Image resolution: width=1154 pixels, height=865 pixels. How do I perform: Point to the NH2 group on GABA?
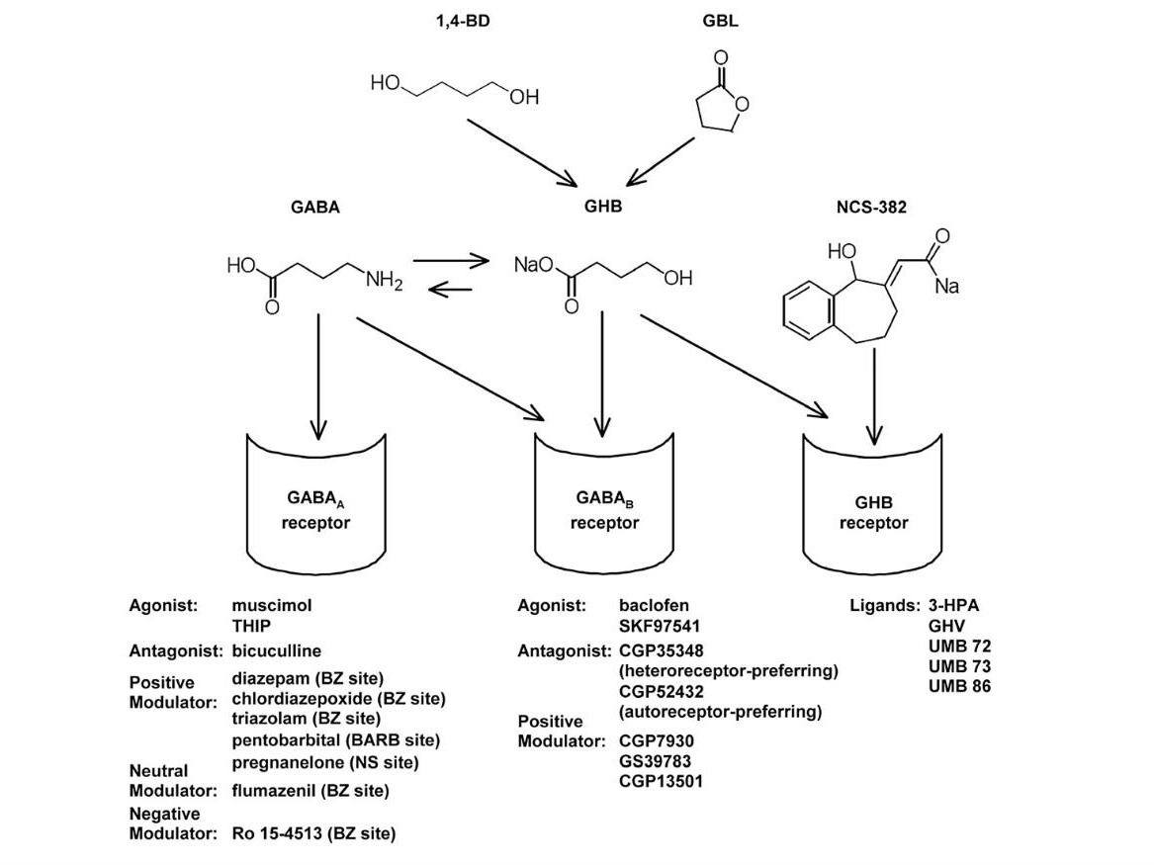coord(384,281)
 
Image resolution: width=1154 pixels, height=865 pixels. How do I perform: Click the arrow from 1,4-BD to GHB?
coord(521,150)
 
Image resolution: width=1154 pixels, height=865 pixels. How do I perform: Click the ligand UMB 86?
coord(959,685)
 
